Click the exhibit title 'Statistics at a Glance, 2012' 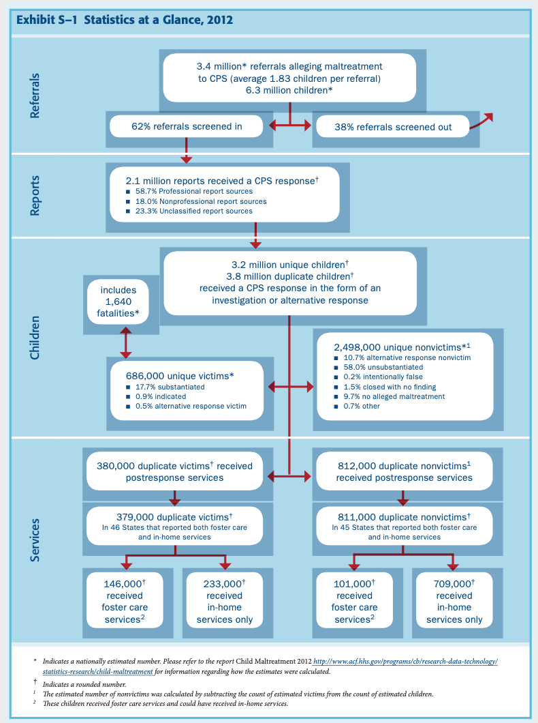158,20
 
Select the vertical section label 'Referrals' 35,95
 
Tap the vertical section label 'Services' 35,540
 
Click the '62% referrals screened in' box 187,126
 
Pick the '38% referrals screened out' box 392,127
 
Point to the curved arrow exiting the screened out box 481,120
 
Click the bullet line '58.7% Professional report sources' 189,192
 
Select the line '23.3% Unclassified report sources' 189,211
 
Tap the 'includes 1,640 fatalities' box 118,301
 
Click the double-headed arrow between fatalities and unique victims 125,342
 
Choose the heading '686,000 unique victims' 180,376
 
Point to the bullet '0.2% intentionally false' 379,377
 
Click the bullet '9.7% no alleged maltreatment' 390,396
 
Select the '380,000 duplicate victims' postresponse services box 174,472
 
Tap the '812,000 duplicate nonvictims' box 404,472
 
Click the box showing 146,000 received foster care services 125,600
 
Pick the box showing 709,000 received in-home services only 454,600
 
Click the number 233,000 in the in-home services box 223,584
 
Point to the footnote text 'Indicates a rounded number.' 84,684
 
